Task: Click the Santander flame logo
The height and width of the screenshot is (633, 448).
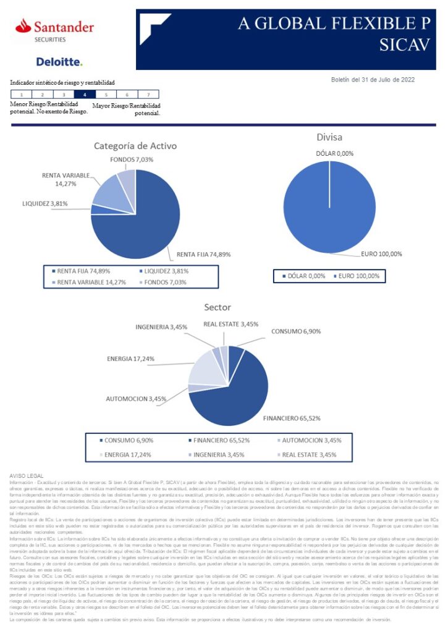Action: [x=23, y=26]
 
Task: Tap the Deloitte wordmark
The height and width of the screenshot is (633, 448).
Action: [x=59, y=62]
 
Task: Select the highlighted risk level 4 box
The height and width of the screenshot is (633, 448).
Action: [x=85, y=95]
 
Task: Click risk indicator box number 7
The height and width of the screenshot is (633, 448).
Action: [x=148, y=95]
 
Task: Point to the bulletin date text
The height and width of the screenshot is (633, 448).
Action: [x=373, y=79]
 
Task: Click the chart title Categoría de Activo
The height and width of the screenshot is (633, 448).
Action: [x=135, y=146]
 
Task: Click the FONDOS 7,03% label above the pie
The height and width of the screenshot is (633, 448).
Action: [x=132, y=159]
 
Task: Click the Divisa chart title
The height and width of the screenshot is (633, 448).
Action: [x=329, y=137]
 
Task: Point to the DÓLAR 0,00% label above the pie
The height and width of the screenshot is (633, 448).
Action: [x=334, y=153]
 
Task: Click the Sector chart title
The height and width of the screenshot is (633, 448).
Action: [x=218, y=307]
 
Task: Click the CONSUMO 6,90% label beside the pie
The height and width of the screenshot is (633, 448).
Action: [x=296, y=331]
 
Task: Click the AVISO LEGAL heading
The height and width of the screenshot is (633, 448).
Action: [x=27, y=475]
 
